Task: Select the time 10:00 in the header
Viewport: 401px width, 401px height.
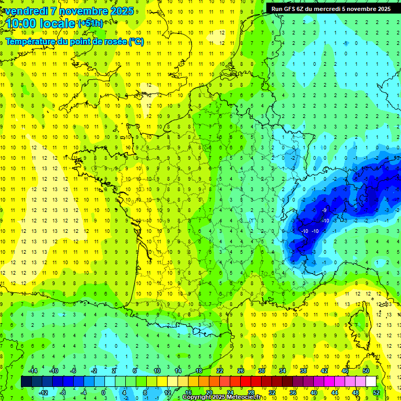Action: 24,23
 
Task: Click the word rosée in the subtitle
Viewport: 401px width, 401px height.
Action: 108,42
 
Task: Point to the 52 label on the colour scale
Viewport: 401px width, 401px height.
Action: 376,393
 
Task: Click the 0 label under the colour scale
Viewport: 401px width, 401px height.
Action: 103,393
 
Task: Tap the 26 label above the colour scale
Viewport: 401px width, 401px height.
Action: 241,371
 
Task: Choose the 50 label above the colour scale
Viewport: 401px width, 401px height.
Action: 366,371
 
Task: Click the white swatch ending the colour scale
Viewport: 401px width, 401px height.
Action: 371,382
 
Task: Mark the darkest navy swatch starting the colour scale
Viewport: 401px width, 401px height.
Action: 26,382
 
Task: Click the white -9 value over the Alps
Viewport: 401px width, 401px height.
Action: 324,210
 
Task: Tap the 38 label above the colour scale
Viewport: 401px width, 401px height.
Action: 303,371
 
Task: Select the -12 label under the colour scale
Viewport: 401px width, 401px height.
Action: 43,393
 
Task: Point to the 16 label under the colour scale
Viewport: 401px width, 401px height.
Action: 188,393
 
